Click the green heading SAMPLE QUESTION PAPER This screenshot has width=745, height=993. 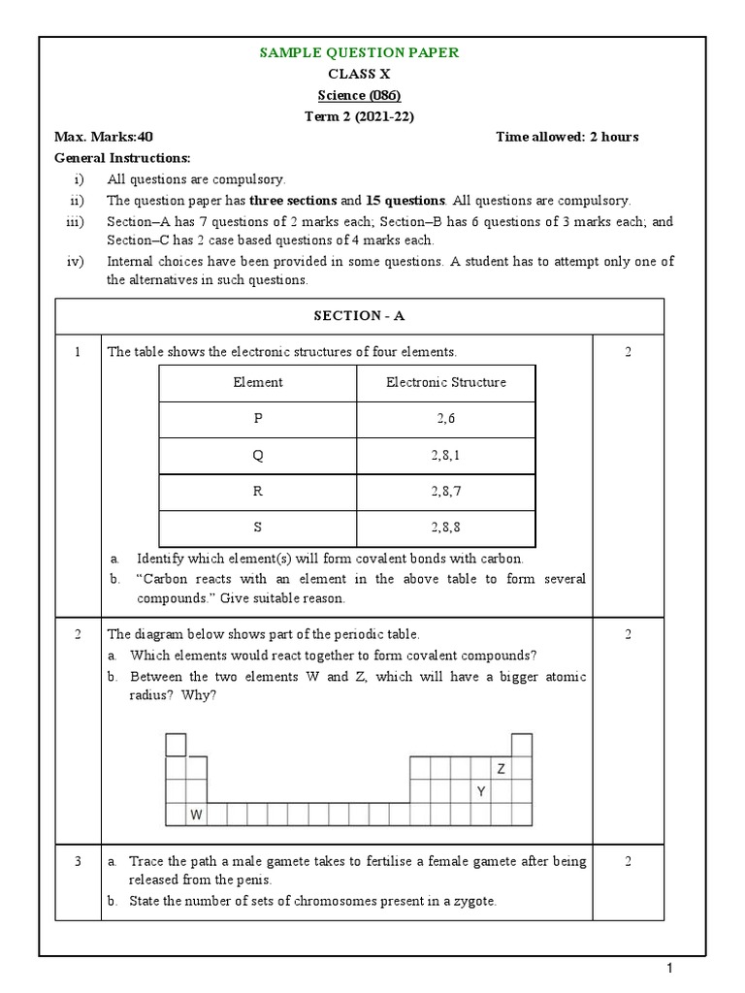359,52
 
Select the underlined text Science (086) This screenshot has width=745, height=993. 359,95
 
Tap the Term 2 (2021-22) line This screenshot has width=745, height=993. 359,116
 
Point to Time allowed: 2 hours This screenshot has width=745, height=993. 567,137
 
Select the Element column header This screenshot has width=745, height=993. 258,382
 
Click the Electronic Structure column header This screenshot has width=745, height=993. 445,382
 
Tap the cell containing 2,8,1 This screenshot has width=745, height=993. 445,455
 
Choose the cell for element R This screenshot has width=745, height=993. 258,492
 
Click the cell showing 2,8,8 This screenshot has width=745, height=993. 445,528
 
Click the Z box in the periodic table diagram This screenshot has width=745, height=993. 502,769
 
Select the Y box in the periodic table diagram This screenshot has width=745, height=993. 480,792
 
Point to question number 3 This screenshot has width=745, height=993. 78,861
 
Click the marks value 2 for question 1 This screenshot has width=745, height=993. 628,352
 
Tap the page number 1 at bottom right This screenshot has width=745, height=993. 669,969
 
